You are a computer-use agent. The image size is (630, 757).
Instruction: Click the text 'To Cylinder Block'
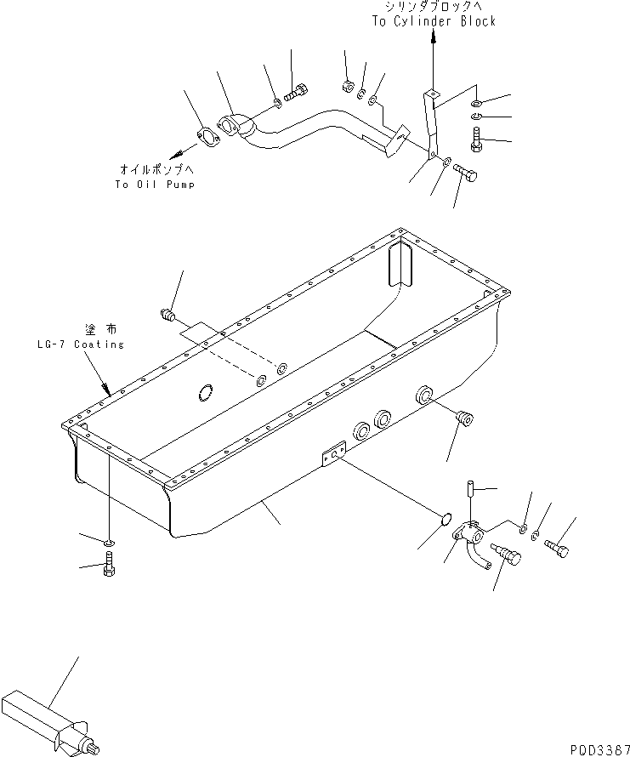click(433, 21)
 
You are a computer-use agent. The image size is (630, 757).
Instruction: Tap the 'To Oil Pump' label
click(154, 185)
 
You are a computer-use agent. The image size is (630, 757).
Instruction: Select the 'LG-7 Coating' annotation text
click(80, 344)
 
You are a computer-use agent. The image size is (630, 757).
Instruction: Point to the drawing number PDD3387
click(594, 746)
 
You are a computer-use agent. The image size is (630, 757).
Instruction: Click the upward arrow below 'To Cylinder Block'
click(434, 38)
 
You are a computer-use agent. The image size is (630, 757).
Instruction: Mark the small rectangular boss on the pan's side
click(332, 456)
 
